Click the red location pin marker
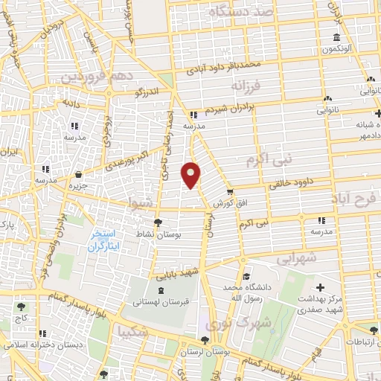(x=192, y=175)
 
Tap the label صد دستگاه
(x=241, y=13)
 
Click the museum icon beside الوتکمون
(x=337, y=38)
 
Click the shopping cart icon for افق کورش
(x=229, y=191)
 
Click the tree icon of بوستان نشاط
(x=156, y=222)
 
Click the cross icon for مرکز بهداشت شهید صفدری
(x=321, y=287)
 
